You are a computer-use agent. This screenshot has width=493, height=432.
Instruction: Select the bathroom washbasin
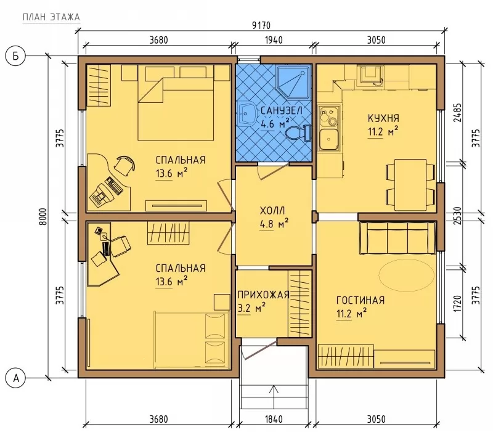tap(247, 113)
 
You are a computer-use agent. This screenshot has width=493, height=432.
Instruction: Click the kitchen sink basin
tap(329, 139)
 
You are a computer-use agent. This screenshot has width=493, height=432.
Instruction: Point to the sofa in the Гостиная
tap(397, 238)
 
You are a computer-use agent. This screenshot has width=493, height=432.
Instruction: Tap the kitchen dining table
tap(410, 184)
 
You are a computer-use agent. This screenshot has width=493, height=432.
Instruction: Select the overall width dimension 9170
tap(261, 25)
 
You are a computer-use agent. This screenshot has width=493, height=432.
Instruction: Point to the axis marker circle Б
tap(15, 56)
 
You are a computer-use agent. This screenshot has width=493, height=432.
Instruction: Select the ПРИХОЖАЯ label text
tap(263, 295)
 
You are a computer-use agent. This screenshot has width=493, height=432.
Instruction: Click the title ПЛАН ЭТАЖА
tap(51, 17)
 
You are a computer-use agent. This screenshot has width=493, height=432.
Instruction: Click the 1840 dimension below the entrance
tap(274, 419)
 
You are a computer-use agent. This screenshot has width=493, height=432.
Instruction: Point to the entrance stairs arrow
tap(274, 397)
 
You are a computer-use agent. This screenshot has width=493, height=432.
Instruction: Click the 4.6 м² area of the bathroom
tap(274, 123)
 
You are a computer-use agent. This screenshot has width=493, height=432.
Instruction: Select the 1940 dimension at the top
tap(274, 40)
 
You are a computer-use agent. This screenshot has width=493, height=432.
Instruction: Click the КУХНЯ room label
tap(383, 118)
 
